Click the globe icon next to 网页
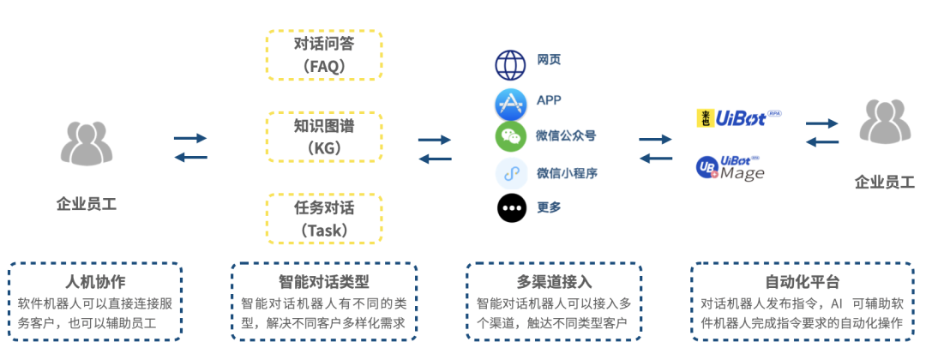[x=510, y=65]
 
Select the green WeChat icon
[x=510, y=136]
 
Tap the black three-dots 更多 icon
[x=510, y=208]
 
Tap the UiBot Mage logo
[x=731, y=168]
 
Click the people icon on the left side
[x=87, y=143]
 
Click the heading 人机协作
[x=95, y=282]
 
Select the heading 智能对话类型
[x=323, y=282]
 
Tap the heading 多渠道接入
[x=554, y=282]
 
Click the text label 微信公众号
[x=566, y=135]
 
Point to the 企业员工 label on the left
[x=87, y=204]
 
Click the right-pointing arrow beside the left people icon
[x=190, y=137]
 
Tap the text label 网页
[x=549, y=60]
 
